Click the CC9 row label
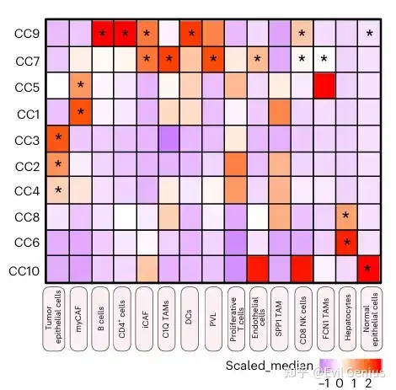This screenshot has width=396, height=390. click(x=25, y=34)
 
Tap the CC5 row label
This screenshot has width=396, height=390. click(x=25, y=86)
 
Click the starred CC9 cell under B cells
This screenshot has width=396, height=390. click(x=103, y=34)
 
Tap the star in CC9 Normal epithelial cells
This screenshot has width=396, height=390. click(x=368, y=35)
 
